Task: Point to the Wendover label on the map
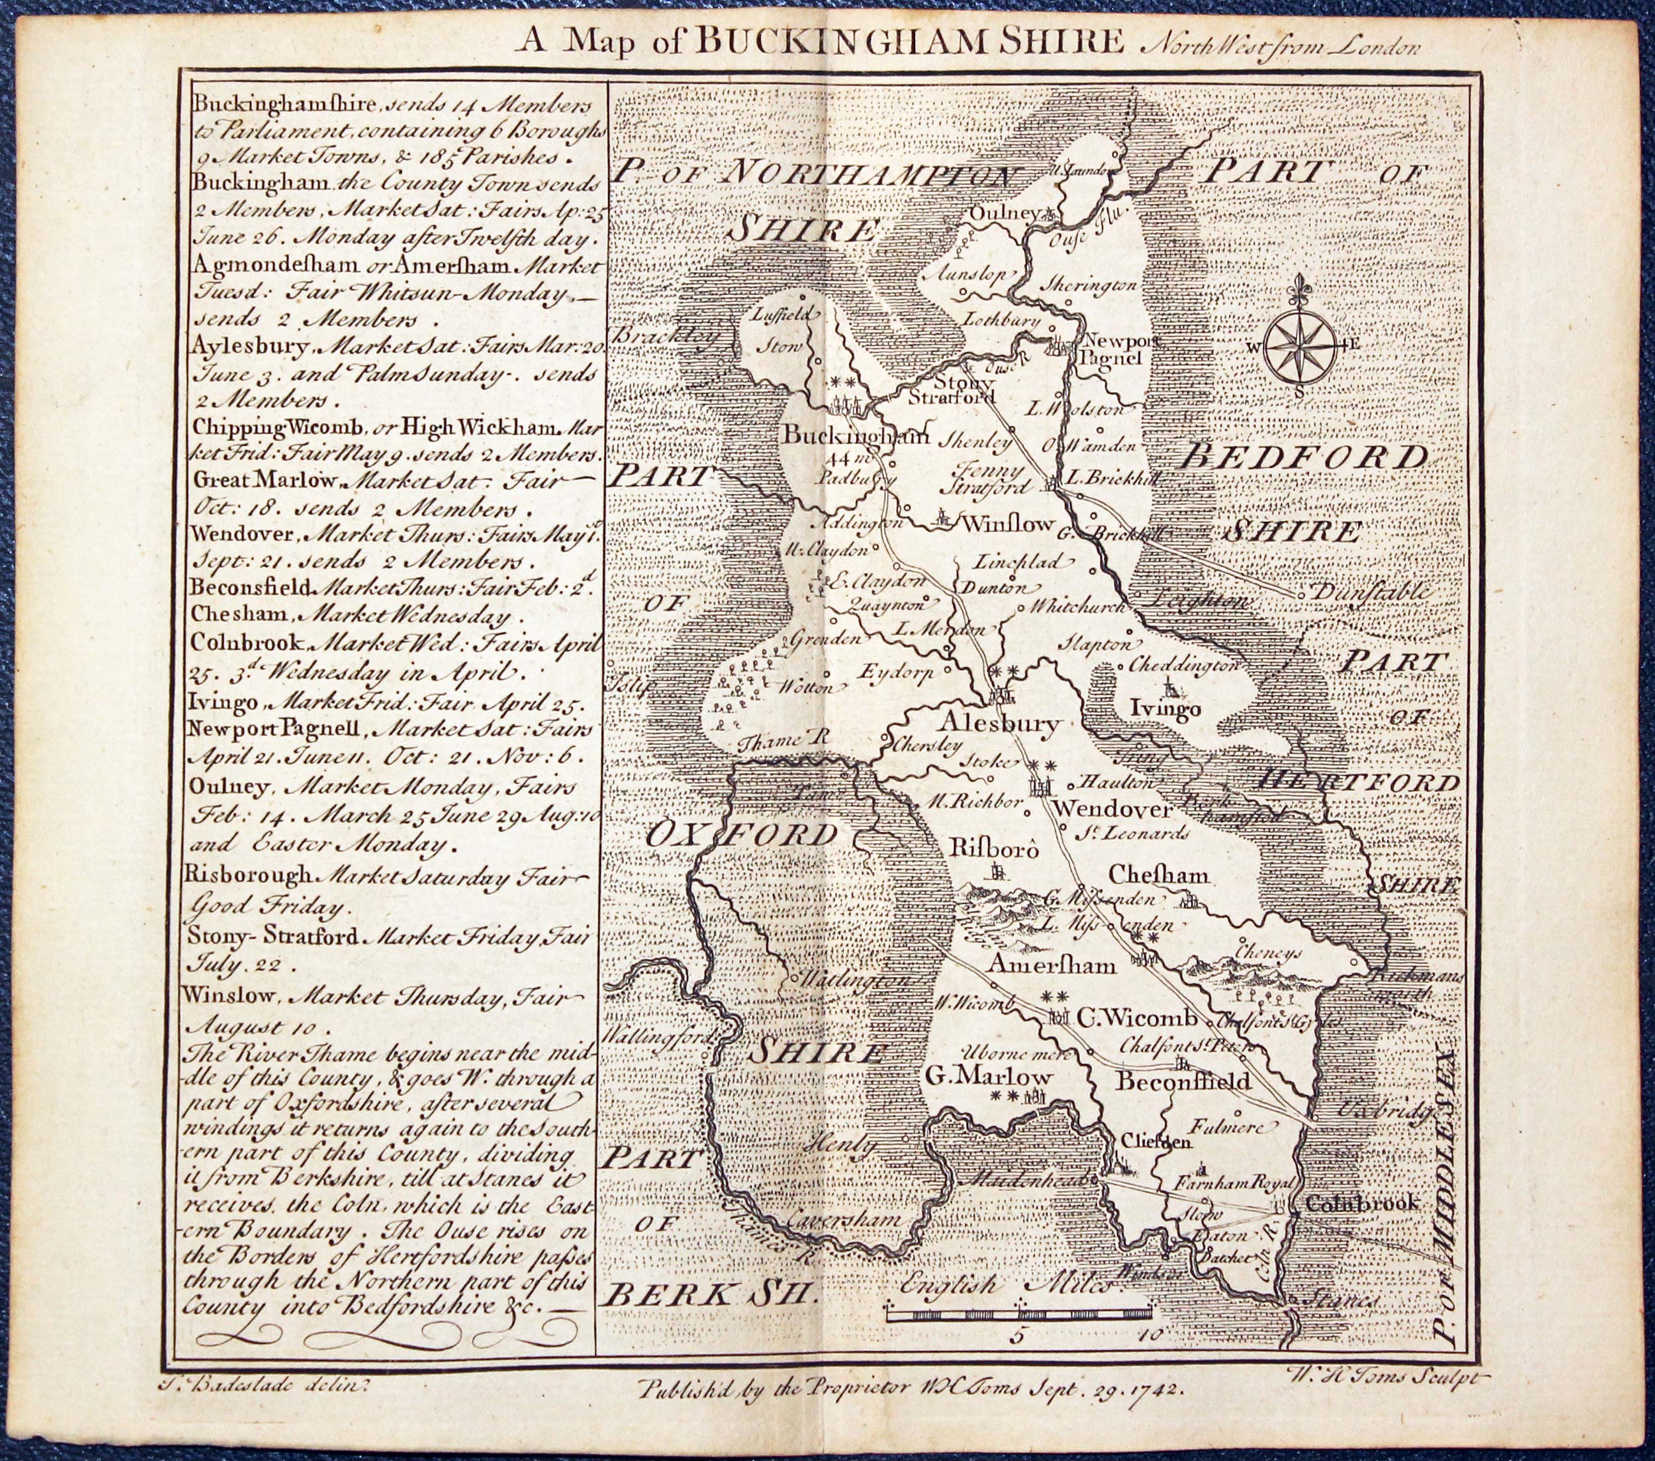coord(1114,809)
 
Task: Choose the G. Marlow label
coord(987,1076)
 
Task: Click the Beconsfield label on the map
coord(1184,1081)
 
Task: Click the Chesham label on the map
coord(1158,876)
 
